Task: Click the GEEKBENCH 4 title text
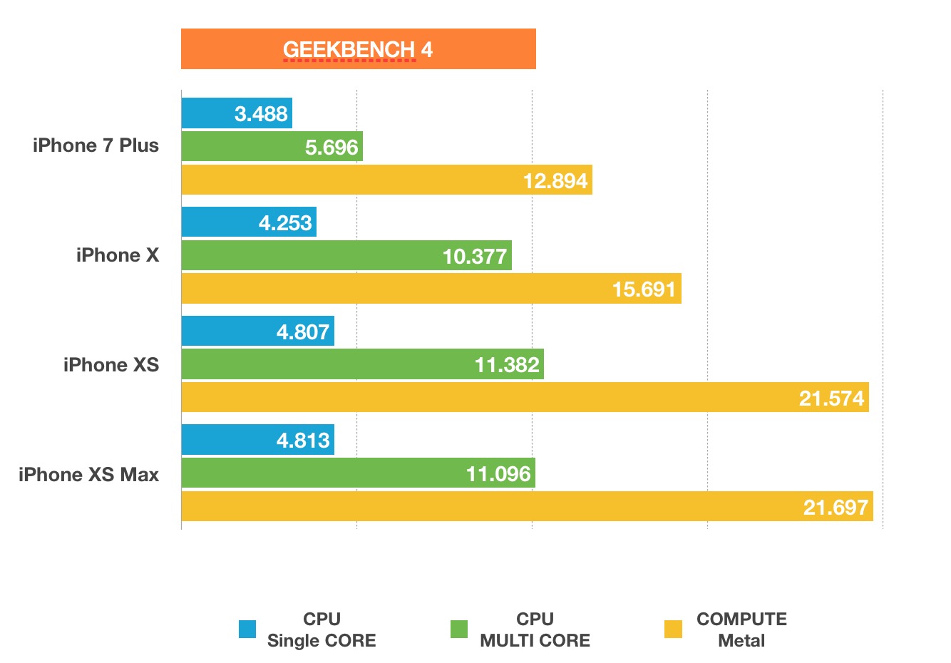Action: (357, 49)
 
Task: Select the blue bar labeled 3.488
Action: (237, 113)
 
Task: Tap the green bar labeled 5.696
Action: (272, 147)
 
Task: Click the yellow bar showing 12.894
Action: (386, 180)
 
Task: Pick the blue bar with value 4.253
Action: (249, 222)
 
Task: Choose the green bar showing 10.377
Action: (346, 255)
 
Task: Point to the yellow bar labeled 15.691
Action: (431, 289)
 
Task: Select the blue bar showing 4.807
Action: (257, 331)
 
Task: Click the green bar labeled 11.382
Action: (362, 364)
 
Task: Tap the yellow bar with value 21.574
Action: (525, 397)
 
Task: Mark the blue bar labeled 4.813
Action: (257, 440)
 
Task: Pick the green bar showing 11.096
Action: (358, 473)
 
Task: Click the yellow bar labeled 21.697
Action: (527, 506)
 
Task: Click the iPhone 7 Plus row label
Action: (96, 145)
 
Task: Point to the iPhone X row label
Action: (118, 255)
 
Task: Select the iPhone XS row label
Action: (111, 365)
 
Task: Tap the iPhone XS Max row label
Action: (88, 475)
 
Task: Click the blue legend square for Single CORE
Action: (247, 629)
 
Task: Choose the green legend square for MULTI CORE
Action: (459, 629)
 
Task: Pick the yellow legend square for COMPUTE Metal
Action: (673, 629)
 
